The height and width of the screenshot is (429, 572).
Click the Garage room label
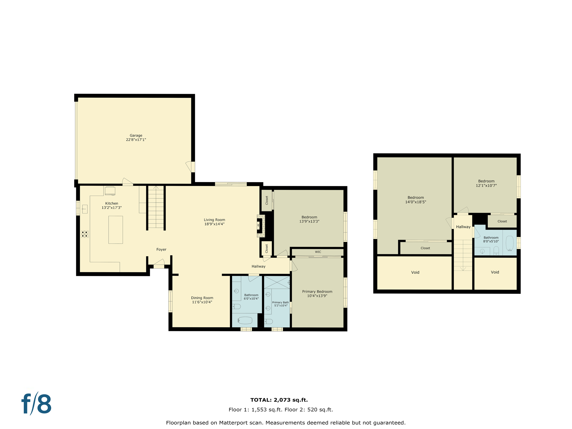pyautogui.click(x=136, y=135)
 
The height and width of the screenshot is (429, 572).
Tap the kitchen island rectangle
pyautogui.click(x=115, y=230)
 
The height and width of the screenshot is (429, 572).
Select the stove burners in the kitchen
pyautogui.click(x=85, y=234)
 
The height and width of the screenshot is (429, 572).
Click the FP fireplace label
pyautogui.click(x=258, y=225)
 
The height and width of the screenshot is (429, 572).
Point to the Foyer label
pyautogui.click(x=161, y=249)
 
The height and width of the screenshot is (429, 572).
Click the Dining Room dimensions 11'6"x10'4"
pyautogui.click(x=202, y=302)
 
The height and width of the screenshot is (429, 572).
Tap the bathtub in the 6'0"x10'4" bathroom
pyautogui.click(x=245, y=320)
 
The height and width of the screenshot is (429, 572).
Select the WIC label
pyautogui.click(x=318, y=252)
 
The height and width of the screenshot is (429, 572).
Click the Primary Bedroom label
pyautogui.click(x=317, y=292)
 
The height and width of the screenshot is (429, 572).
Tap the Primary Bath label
pyautogui.click(x=280, y=302)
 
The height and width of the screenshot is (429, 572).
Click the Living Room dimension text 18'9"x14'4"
pyautogui.click(x=214, y=224)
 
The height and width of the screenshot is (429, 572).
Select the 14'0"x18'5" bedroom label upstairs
pyautogui.click(x=416, y=198)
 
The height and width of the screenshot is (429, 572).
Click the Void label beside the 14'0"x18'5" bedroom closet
pyautogui.click(x=415, y=272)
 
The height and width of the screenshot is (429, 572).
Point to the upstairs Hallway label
pyautogui.click(x=463, y=227)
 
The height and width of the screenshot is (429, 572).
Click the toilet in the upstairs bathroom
pyautogui.click(x=496, y=250)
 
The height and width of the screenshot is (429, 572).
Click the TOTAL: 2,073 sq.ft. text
pyautogui.click(x=279, y=400)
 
